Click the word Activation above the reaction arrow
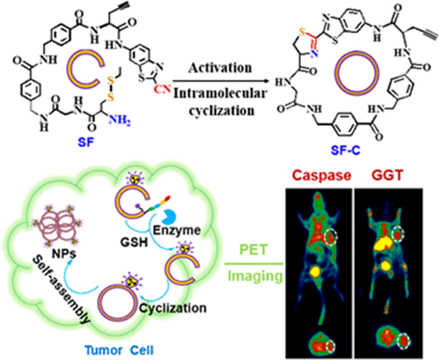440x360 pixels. click(x=220, y=68)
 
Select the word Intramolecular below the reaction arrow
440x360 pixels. click(x=220, y=94)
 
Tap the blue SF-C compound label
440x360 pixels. click(x=346, y=151)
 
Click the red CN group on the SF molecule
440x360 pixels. click(x=162, y=89)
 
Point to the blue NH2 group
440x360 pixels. click(x=120, y=120)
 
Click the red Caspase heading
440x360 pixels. click(x=322, y=175)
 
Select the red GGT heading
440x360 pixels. click(x=387, y=175)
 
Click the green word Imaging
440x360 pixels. click(x=255, y=276)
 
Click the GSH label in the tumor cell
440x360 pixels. click(x=134, y=242)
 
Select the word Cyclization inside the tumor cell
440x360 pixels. click(x=173, y=308)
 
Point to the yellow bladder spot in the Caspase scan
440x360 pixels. click(x=316, y=271)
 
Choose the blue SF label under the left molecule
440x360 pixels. click(x=86, y=143)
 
